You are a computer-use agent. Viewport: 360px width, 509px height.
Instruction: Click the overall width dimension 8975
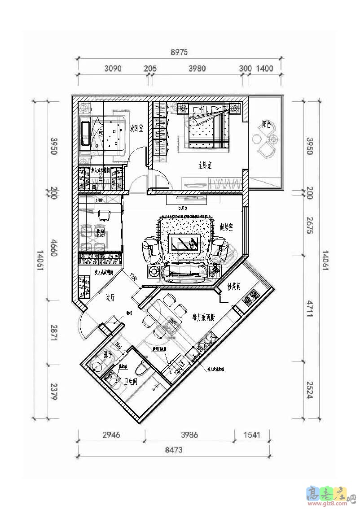179,52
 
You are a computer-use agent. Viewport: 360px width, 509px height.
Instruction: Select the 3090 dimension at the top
113,69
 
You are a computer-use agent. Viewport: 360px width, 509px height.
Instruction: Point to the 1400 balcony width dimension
264,69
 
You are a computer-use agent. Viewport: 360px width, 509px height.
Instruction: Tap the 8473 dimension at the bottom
173,450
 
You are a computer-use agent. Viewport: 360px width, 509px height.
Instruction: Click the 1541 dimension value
251,435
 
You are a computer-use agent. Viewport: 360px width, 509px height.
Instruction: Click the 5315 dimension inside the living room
183,208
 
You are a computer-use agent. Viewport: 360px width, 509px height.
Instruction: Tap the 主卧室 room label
205,165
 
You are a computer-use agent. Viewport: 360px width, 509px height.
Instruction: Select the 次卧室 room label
136,129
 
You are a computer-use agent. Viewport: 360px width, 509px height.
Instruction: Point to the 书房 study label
100,232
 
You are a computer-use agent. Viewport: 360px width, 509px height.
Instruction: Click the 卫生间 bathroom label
130,382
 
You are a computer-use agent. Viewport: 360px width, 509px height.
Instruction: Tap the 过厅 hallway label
111,297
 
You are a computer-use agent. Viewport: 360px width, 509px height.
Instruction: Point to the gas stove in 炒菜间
250,297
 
